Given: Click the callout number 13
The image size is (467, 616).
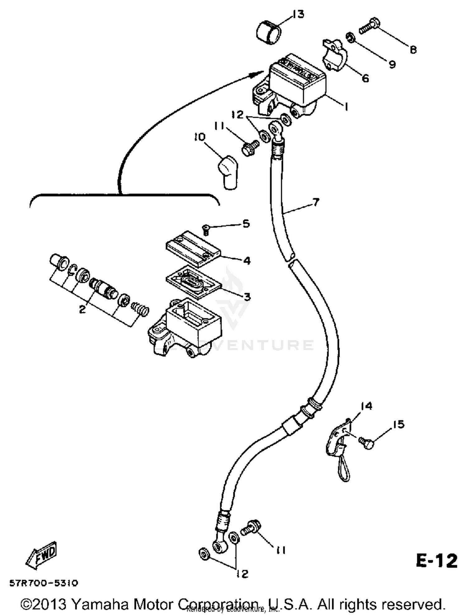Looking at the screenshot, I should tap(298, 14).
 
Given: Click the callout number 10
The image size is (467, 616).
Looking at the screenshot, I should tap(200, 137).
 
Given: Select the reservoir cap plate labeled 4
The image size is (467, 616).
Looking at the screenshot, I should tap(193, 249).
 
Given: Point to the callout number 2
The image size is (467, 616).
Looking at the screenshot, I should tap(82, 309).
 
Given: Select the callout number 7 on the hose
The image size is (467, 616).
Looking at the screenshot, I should tap(315, 202).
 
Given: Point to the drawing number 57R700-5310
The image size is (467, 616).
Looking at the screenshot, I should tap(44, 583).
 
